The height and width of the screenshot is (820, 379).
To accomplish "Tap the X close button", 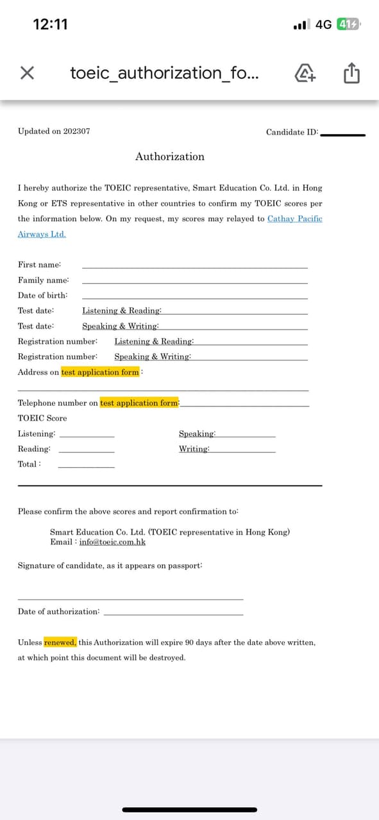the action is [x=26, y=73].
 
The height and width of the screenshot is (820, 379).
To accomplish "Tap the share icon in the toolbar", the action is [x=351, y=74].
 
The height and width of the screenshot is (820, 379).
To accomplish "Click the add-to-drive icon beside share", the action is [x=306, y=74].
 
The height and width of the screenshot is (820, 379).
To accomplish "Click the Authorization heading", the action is [x=170, y=156].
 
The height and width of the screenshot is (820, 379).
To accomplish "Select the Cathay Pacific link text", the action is [x=294, y=219].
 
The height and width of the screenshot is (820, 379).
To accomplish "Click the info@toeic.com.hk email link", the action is [x=112, y=542].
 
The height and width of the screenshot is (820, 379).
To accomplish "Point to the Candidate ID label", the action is [x=292, y=132].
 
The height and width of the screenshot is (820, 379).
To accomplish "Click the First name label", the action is [x=40, y=265].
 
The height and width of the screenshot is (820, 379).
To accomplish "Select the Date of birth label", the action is [x=43, y=296].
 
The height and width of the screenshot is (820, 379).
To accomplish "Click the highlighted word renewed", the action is [x=60, y=642].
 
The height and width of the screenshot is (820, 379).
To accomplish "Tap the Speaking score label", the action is [x=197, y=434].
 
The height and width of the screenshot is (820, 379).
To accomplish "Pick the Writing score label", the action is [x=194, y=449].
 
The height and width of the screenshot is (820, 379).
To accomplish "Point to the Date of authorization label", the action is [x=59, y=612].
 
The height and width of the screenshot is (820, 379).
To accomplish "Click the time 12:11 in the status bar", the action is [x=50, y=24].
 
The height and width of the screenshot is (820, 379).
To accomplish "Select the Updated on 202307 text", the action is [x=54, y=131].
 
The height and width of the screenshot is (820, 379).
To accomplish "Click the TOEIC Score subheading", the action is [x=42, y=418].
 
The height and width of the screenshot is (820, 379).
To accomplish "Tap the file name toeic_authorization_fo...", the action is [x=165, y=73].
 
